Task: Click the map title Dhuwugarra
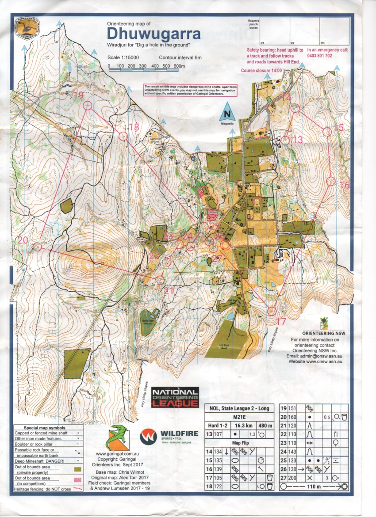point(153,34)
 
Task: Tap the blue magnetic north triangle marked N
point(227,113)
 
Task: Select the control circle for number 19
point(88,105)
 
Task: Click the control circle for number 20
point(38,247)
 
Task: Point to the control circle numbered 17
point(272,311)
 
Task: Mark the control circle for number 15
point(327,131)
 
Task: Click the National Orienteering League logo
point(175,397)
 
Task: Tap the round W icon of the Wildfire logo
point(148,437)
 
